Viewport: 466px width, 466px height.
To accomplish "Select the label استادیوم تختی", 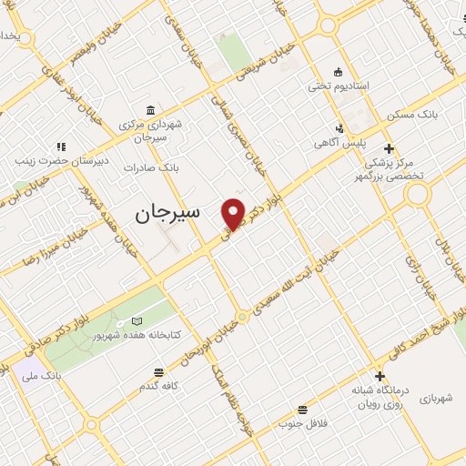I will click(x=339, y=86).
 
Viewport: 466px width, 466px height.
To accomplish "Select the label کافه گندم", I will click(x=158, y=386).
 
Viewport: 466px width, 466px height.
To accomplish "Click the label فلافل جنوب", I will click(x=302, y=422).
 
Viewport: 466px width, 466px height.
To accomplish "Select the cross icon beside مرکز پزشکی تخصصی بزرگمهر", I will click(x=390, y=148).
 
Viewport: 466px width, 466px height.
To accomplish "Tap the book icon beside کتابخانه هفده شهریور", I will click(x=137, y=321).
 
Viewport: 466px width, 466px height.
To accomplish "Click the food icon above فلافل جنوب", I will click(x=302, y=409).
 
